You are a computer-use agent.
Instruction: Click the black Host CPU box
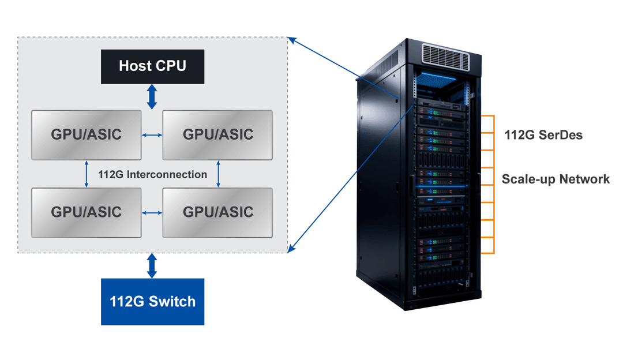point(152,66)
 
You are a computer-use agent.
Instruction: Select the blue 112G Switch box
point(152,301)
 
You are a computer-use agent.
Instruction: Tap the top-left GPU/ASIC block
point(87,134)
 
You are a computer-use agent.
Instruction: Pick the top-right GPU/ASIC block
point(218,134)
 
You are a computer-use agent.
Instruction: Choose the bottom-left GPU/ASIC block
point(87,212)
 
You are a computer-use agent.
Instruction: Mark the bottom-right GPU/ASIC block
point(218,212)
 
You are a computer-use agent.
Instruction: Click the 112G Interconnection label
point(153,174)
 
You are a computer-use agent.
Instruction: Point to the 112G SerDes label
point(543,136)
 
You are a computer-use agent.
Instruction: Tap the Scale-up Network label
point(555,179)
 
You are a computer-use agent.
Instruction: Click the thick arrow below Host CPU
point(152,96)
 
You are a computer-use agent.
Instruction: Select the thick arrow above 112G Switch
point(152,265)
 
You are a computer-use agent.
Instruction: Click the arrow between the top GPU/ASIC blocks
point(152,135)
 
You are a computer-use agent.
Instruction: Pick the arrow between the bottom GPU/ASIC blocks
point(152,212)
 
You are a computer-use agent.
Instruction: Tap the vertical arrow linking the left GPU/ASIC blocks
point(87,174)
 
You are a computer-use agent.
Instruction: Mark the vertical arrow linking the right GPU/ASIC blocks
point(218,174)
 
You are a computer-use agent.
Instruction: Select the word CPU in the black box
point(171,66)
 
